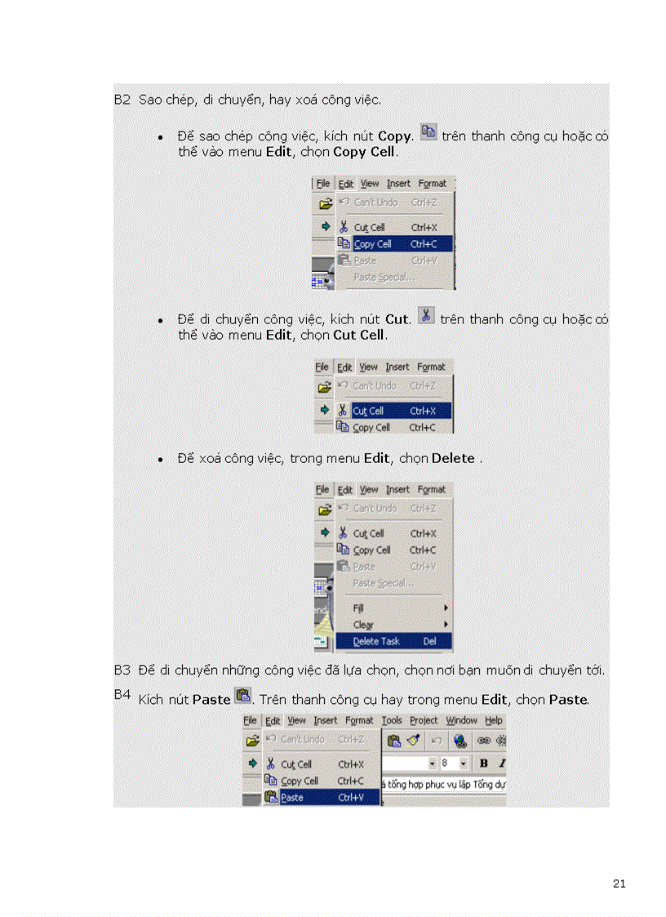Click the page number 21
click(618, 884)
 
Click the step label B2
click(122, 100)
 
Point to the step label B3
click(122, 670)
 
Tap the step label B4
click(122, 694)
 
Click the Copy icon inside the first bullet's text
click(428, 132)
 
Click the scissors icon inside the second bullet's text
click(425, 315)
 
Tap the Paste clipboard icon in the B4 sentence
click(242, 696)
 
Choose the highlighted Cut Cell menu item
click(392, 411)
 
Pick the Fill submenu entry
click(358, 608)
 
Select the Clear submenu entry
click(363, 625)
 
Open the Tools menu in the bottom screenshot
click(392, 720)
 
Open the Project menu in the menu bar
click(424, 720)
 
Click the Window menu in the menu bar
click(461, 720)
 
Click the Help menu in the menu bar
click(493, 720)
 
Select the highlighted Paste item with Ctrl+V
click(321, 798)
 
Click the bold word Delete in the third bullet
click(453, 459)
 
